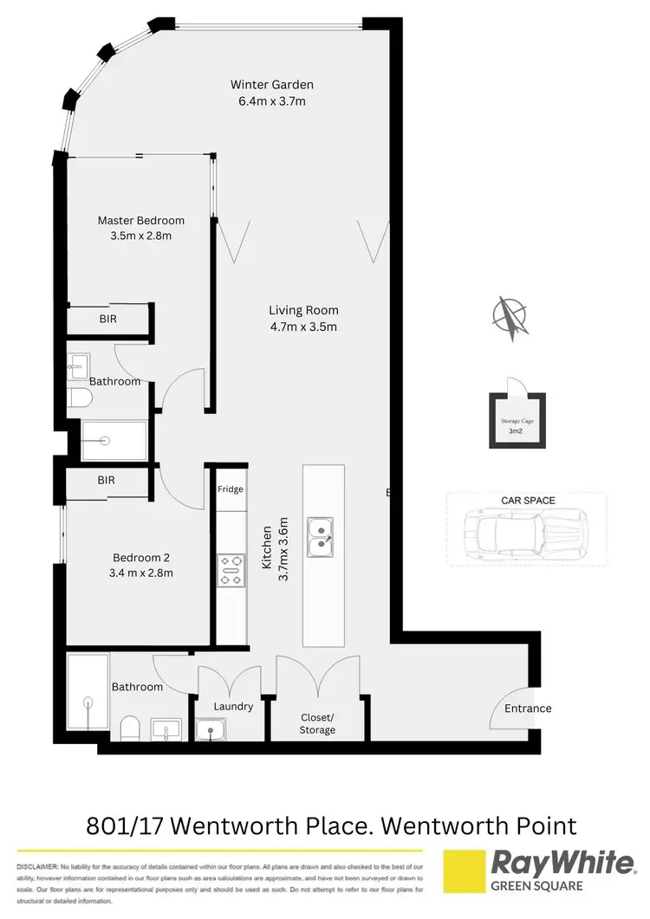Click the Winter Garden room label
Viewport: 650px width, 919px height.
point(271,85)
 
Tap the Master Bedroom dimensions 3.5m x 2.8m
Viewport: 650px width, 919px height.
point(140,236)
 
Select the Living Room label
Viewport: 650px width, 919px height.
point(302,310)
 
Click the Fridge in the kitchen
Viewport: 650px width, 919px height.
point(230,489)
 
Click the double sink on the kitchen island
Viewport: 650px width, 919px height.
point(322,534)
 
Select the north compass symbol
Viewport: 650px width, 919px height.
point(510,318)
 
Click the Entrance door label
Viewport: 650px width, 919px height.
point(528,709)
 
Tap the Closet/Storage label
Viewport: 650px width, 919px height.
point(317,723)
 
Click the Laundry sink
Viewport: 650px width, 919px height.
point(209,731)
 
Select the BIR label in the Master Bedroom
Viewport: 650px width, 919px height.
point(107,319)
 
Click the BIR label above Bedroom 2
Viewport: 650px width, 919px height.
point(106,479)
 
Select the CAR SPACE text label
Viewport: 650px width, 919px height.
point(528,501)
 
